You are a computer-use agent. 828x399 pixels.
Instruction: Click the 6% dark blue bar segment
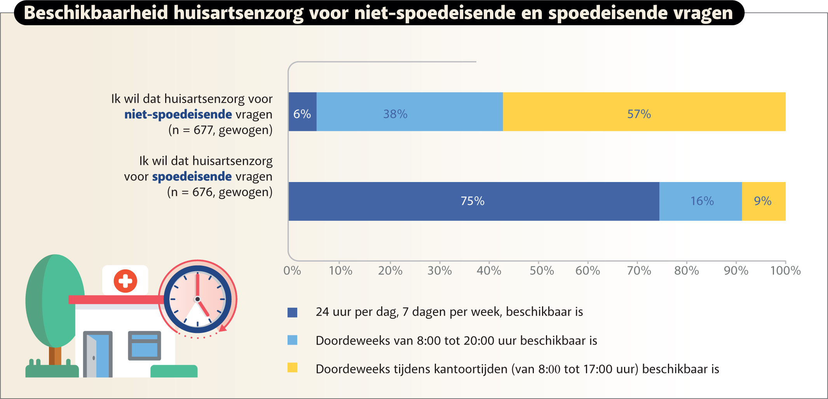coord(302,112)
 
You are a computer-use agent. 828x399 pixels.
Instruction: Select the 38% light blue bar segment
coord(410,112)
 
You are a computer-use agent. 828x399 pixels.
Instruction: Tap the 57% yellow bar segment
coord(644,112)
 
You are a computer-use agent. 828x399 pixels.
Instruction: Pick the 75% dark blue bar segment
coord(474,201)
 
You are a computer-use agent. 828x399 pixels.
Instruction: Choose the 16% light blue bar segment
coord(700,201)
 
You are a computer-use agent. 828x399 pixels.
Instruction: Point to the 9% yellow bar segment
coord(764,201)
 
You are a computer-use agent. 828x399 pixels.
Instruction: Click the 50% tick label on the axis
coord(542,271)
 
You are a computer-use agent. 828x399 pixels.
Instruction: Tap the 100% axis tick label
coord(785,271)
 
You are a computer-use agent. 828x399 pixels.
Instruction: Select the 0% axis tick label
coord(292,271)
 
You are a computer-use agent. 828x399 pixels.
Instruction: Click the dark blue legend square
coord(292,312)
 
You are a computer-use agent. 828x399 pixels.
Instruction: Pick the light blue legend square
coord(292,340)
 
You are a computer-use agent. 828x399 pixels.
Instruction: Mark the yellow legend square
coord(292,368)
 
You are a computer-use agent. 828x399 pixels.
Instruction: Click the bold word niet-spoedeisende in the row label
coord(178,114)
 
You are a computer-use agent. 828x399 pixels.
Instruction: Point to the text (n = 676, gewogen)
coord(220,192)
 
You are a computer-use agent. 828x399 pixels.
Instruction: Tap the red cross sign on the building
coord(125,281)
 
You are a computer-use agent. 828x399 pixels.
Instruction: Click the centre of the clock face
coord(197,299)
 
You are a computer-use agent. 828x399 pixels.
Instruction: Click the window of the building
coord(145,345)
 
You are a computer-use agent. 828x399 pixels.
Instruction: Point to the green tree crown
coord(55,301)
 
